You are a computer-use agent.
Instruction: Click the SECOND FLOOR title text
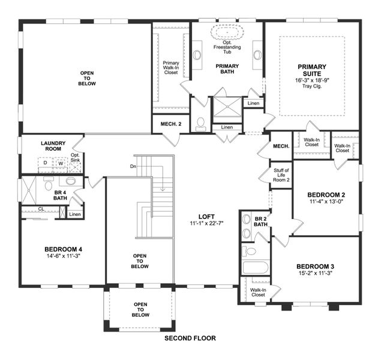point(190,338)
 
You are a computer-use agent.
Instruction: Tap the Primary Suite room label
point(311,69)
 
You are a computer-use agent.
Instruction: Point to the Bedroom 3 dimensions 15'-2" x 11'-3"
point(314,273)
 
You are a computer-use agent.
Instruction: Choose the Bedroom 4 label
point(63,249)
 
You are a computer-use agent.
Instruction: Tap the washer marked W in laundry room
point(60,163)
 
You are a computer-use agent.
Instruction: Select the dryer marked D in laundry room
point(45,163)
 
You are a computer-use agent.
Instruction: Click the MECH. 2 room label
point(170,124)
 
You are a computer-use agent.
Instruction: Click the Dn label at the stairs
point(133,166)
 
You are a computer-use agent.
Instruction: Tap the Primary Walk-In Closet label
point(170,67)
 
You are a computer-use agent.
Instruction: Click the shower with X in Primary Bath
point(227,109)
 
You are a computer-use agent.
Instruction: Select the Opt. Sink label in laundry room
point(75,157)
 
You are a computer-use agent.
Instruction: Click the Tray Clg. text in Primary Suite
point(311,86)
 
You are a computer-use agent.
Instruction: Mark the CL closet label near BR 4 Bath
point(41,209)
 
